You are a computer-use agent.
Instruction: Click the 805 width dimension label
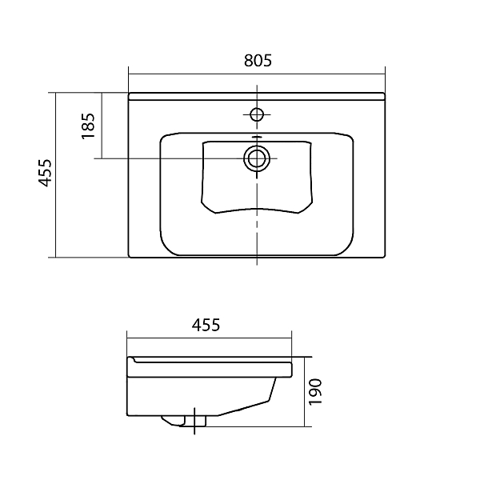(258, 61)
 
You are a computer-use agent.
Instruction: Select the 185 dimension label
(88, 126)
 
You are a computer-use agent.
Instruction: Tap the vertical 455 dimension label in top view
(45, 173)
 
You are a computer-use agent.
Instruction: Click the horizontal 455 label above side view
(206, 325)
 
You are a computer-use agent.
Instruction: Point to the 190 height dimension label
(315, 392)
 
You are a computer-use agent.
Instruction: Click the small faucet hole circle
(257, 114)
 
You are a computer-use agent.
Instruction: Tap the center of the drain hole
(257, 158)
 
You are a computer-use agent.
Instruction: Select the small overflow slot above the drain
(257, 137)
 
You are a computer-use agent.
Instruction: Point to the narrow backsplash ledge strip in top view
(257, 97)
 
